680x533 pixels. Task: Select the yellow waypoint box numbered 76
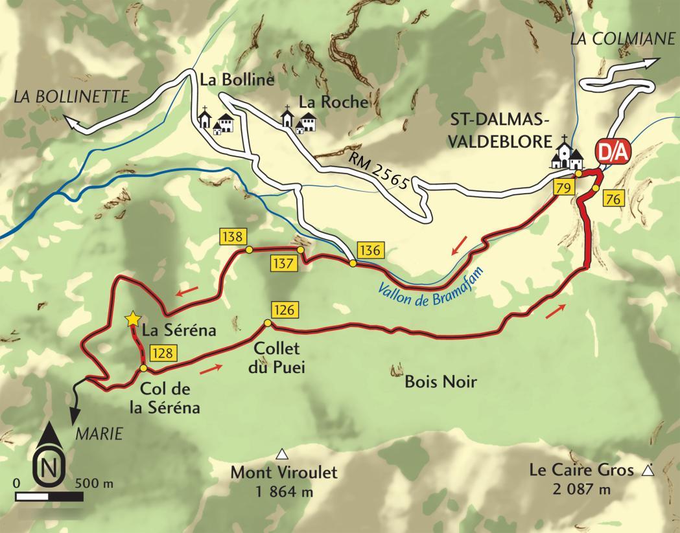pos(613,199)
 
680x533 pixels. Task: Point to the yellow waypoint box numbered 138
pos(231,236)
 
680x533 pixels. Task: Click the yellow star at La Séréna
pos(133,319)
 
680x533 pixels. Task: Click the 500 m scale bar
pos(49,497)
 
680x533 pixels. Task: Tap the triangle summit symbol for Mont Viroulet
pos(282,454)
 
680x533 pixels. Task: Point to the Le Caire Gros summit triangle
pos(646,472)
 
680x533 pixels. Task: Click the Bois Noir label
pos(440,382)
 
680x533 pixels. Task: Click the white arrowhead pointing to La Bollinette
pos(69,119)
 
